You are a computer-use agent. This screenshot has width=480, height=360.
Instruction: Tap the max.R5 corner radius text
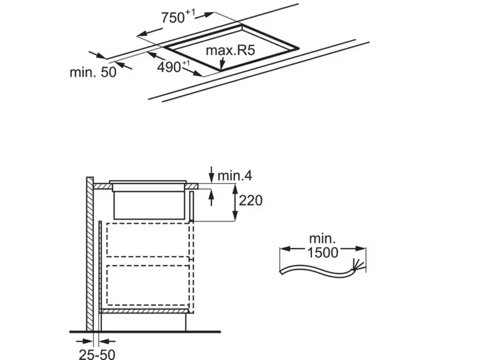tap(230, 50)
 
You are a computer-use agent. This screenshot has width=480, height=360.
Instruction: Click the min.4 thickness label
tap(235, 175)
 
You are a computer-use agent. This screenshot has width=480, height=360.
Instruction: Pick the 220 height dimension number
tap(250, 200)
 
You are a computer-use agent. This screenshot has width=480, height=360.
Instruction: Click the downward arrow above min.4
tap(211, 175)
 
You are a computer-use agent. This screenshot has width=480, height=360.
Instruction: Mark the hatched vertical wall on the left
tap(90, 252)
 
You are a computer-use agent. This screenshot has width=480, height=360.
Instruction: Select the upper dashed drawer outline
tap(148, 239)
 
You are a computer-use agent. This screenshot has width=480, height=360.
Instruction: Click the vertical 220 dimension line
tap(234, 202)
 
